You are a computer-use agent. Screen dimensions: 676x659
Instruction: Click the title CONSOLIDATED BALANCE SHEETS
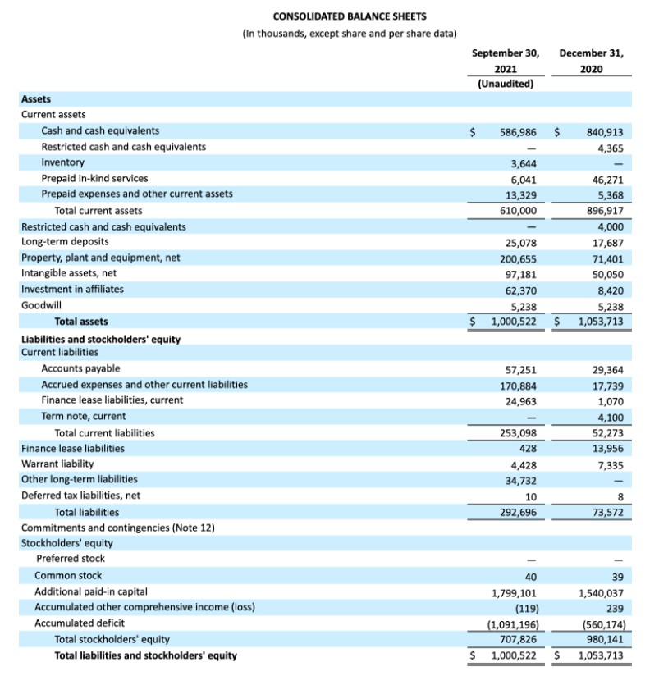[350, 16]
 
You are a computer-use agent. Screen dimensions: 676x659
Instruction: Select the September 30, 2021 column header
[506, 62]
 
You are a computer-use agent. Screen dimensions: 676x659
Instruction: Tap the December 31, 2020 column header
[591, 62]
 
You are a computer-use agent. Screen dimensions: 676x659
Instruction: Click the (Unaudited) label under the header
[506, 84]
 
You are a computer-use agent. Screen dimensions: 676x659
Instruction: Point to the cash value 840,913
[605, 131]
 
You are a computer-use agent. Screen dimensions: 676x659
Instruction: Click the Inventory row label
[62, 162]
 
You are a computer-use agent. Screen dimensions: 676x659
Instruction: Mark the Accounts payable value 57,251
[520, 369]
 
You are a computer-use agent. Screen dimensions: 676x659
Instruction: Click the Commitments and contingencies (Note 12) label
[117, 528]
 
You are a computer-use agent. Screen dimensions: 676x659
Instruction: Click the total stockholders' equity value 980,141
[605, 639]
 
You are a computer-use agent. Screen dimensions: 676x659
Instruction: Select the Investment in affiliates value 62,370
[520, 290]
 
